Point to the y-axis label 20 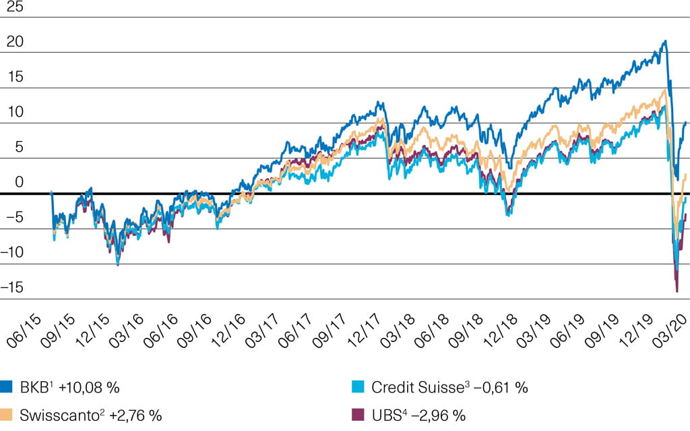15,42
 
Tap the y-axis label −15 13,288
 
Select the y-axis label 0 20,182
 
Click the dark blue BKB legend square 7,388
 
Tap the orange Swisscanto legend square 7,414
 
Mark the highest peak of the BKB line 665,42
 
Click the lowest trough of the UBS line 677,291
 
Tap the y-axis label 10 15,112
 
